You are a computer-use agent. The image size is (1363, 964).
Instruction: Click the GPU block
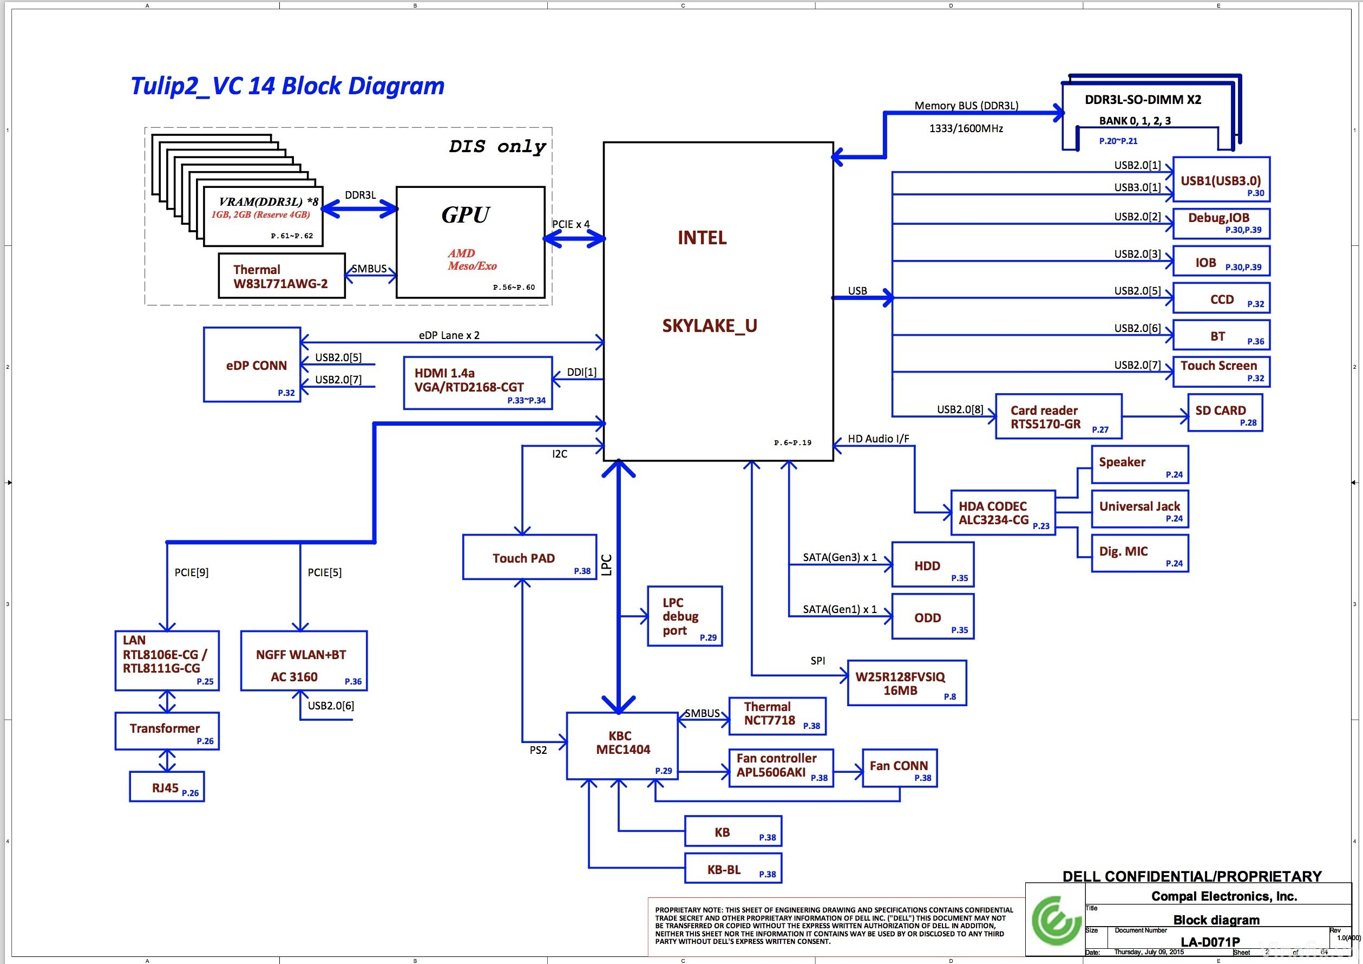click(470, 242)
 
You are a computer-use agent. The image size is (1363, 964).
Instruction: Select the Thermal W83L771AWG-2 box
click(281, 276)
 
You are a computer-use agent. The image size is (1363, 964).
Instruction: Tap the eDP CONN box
click(252, 364)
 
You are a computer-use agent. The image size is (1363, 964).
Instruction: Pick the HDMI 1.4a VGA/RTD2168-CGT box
click(477, 382)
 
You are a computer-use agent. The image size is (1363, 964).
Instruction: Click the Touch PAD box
click(529, 557)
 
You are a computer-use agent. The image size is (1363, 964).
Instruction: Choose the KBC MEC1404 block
click(621, 745)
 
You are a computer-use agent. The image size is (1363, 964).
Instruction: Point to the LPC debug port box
click(684, 616)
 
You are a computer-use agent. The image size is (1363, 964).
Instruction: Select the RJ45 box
click(167, 787)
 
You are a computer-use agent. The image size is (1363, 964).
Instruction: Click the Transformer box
click(167, 731)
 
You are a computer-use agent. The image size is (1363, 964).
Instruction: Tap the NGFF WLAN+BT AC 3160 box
click(303, 661)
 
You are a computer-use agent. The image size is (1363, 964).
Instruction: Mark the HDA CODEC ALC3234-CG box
click(1002, 512)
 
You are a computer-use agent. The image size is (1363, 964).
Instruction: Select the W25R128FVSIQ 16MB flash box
click(907, 683)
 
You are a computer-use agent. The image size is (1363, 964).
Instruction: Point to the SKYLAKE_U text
click(710, 326)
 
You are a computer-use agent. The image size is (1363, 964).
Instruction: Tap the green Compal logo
click(1056, 921)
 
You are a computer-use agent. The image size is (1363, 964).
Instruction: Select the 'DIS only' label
click(497, 147)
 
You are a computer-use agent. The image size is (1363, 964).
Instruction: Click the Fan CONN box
click(899, 768)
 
